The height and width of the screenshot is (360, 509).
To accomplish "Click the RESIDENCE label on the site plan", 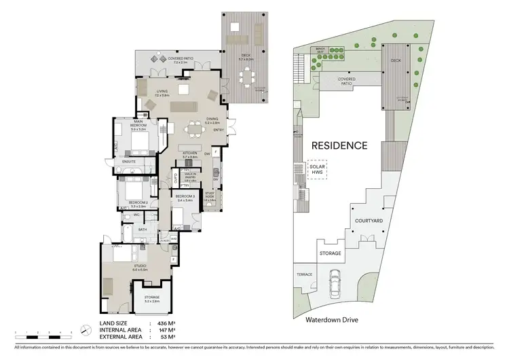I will [339, 145].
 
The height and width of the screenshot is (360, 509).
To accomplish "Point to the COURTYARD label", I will [370, 221].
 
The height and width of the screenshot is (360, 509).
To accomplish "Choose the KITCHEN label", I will [190, 154].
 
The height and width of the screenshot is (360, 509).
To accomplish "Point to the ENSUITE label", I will [129, 162].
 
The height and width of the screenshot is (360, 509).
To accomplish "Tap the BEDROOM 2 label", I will [138, 202].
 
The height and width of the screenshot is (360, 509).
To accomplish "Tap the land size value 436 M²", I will [166, 323].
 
